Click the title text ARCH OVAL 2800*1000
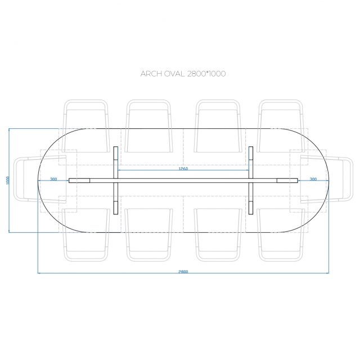click(x=183, y=74)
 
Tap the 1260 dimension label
click(x=183, y=169)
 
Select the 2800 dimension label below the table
click(x=183, y=272)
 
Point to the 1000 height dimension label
click(x=7, y=181)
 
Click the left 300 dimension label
click(x=53, y=179)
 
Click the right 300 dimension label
click(x=313, y=179)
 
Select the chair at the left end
click(x=40, y=179)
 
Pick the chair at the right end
click(x=327, y=179)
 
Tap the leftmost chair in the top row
click(x=86, y=126)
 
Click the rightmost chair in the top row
click(x=281, y=126)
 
